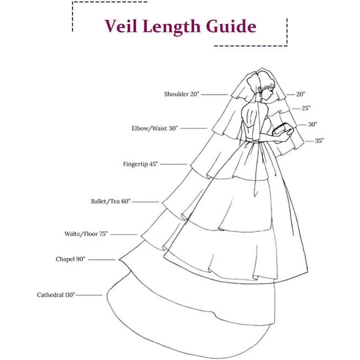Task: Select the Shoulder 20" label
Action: [x=181, y=94]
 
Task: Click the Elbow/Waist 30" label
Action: [x=155, y=128]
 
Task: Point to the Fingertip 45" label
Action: [x=140, y=164]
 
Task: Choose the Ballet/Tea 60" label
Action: [x=111, y=201]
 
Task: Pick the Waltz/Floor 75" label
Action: [x=86, y=234]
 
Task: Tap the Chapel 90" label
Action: [x=71, y=259]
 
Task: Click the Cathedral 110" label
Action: [x=56, y=295]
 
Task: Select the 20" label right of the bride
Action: [x=301, y=94]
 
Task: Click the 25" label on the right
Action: [x=306, y=108]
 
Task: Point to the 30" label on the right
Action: [x=312, y=125]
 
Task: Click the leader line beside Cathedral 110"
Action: [x=89, y=295]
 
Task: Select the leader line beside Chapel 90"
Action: [x=101, y=260]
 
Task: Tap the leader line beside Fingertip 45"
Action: [x=174, y=165]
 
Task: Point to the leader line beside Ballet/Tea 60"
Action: [x=145, y=202]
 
